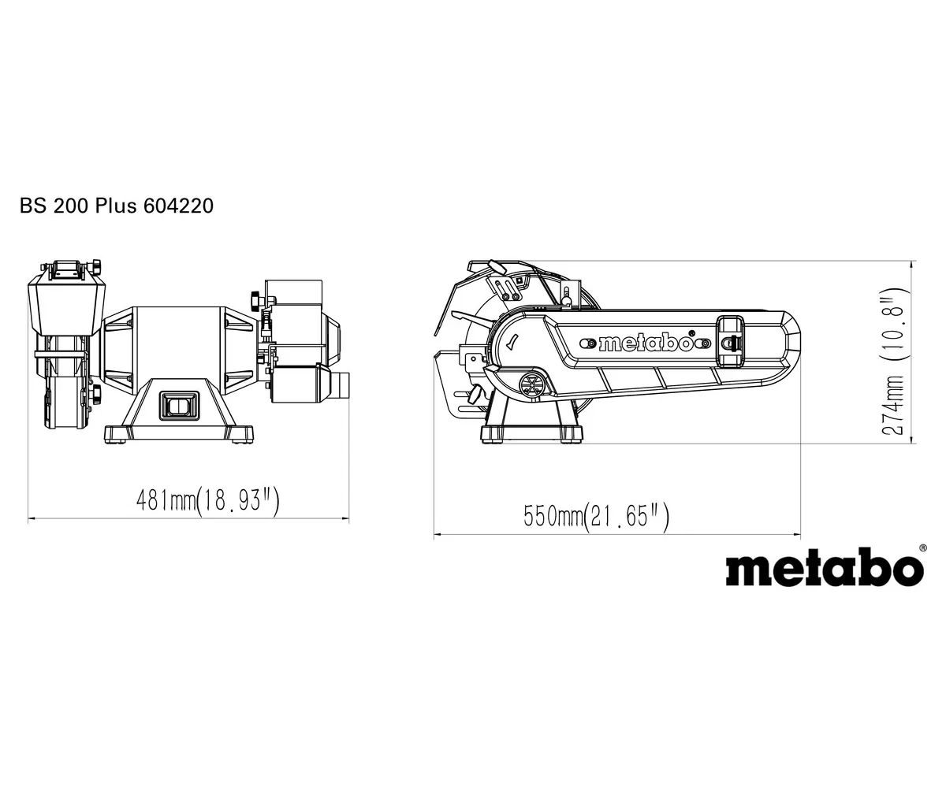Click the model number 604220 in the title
tap(178, 206)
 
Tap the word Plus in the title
tap(117, 206)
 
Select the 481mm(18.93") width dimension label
tap(208, 499)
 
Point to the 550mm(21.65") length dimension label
tap(597, 517)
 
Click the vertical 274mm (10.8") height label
tap(893, 362)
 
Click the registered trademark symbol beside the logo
tap(923, 547)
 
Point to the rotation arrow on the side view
tap(513, 342)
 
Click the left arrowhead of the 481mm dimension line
tap(32, 518)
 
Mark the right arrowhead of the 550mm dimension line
tap(797, 536)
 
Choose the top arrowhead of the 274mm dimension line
tap(912, 264)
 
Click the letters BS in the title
tap(31, 206)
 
